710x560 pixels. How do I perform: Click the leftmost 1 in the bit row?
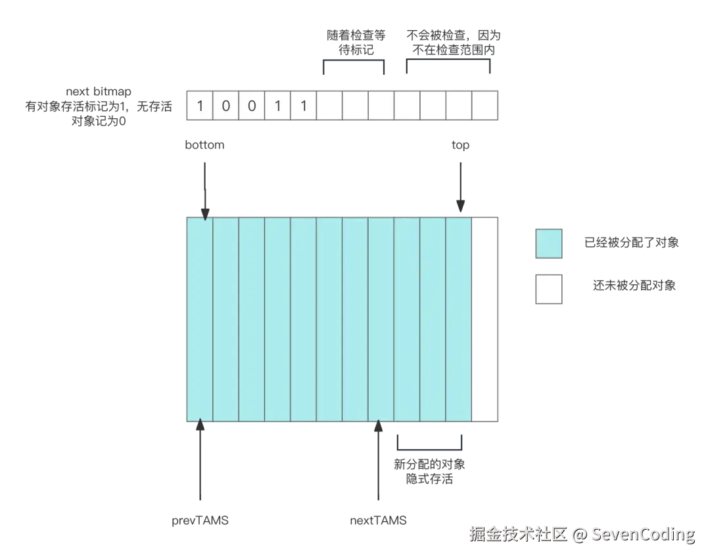point(200,106)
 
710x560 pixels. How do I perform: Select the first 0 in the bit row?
point(225,106)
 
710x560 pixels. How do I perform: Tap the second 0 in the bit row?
point(251,106)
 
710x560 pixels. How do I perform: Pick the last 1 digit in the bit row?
point(303,106)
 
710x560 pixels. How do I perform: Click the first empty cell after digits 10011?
point(329,106)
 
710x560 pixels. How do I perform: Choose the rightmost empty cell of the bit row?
point(485,106)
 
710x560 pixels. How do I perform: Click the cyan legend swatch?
point(547,243)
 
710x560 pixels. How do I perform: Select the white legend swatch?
point(547,289)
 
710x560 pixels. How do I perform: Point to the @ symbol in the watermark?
point(579,534)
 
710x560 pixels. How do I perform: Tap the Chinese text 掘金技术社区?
point(517,534)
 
